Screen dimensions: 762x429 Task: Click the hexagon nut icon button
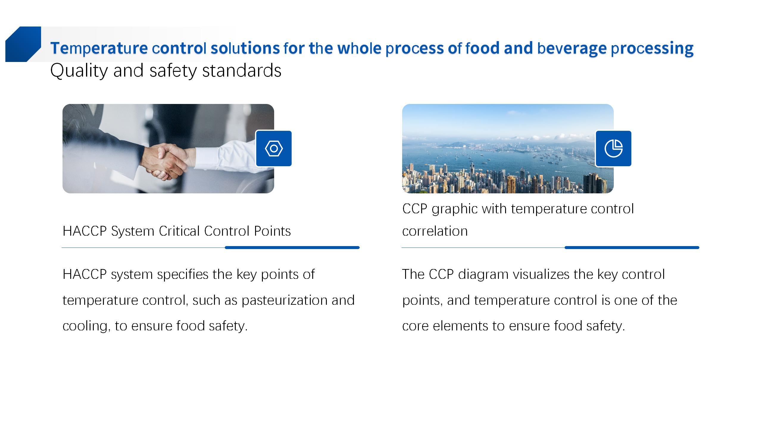click(274, 148)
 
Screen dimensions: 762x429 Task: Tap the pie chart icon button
click(613, 148)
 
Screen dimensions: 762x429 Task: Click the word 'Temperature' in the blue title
click(99, 48)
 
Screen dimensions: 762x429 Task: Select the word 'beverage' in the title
click(572, 48)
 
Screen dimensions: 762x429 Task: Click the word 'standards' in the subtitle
click(242, 71)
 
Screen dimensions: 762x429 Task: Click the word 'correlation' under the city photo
click(435, 231)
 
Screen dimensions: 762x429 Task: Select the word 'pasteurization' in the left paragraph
click(285, 300)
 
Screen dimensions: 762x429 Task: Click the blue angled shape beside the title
click(23, 44)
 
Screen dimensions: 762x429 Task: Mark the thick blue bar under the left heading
click(292, 248)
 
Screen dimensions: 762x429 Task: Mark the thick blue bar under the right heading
click(632, 248)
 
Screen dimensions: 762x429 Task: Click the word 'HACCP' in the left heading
click(85, 231)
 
